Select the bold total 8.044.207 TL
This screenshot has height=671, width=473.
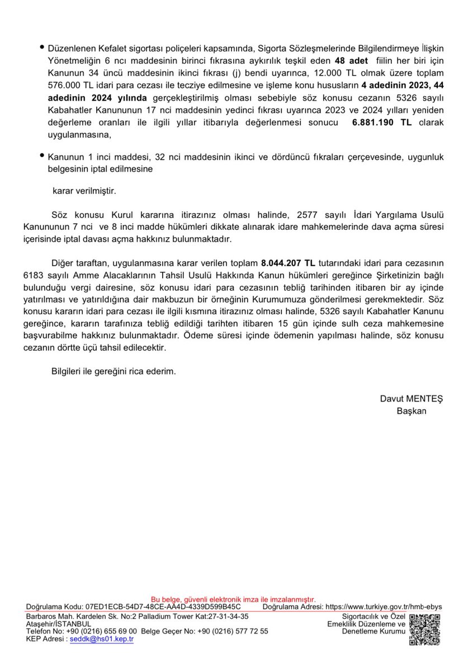point(288,262)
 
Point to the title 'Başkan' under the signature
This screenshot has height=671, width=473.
point(411,411)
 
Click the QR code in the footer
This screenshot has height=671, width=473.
point(424,630)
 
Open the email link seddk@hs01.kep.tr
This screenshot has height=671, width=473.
point(102,639)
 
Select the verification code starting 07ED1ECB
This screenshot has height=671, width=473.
point(163,606)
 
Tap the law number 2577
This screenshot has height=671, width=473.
point(310,215)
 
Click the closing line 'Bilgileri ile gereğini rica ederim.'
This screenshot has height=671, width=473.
point(113,371)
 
